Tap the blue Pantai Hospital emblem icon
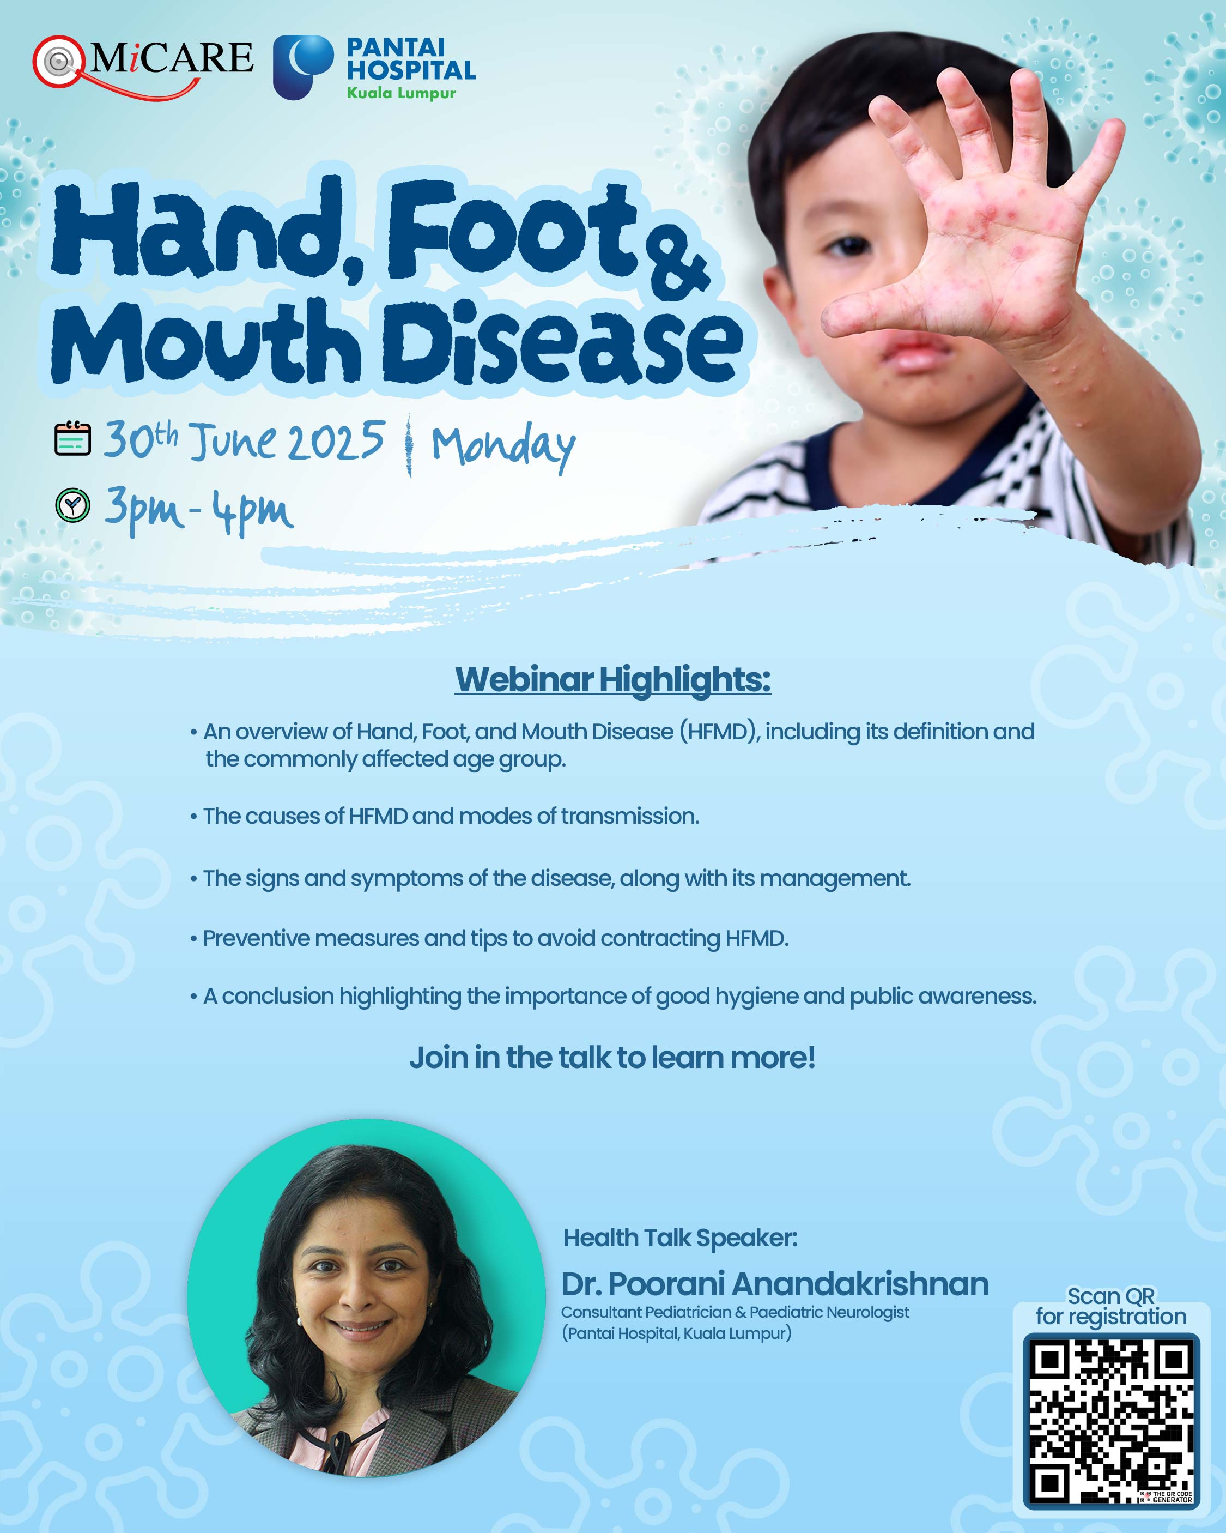304,67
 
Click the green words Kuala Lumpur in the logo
402,93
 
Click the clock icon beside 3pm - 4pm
72,505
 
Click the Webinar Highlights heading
612,679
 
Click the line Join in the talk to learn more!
612,1058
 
